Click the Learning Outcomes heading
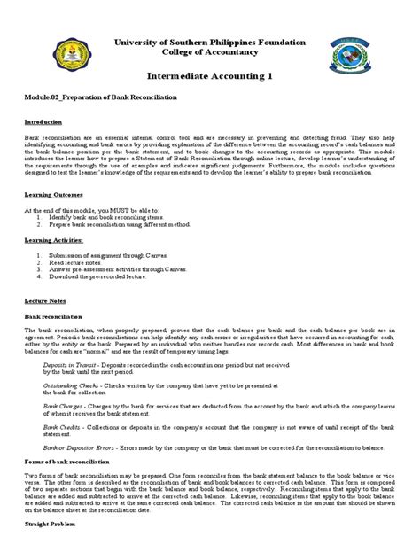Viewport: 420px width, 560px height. point(55,191)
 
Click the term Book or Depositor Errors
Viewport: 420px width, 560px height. point(79,449)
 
